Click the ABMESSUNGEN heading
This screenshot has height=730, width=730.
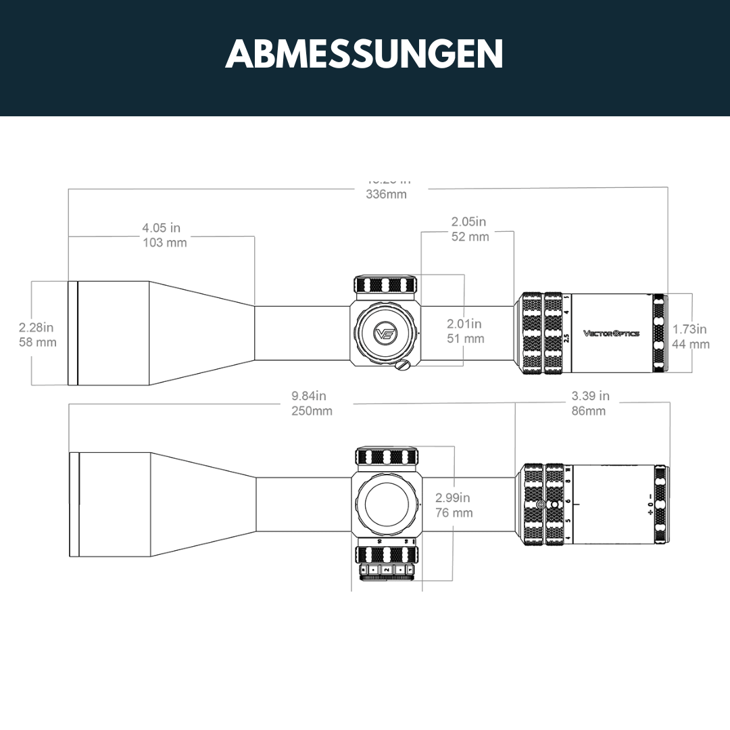(364, 54)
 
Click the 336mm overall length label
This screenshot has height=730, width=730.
(386, 195)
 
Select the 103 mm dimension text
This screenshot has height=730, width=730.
(164, 243)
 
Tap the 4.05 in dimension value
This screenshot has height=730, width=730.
(161, 228)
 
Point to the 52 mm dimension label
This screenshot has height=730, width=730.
(470, 237)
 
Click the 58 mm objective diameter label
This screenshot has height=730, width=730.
(38, 342)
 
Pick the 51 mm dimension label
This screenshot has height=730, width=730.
(465, 339)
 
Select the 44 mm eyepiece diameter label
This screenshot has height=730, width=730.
(691, 344)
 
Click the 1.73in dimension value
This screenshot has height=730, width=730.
(689, 329)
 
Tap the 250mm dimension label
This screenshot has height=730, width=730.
(312, 411)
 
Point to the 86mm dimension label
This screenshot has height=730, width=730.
(589, 411)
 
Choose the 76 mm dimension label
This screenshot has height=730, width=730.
(454, 513)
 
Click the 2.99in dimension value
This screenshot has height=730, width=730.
(453, 498)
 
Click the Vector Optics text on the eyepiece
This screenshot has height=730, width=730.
(611, 333)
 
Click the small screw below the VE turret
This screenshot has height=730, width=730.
(404, 366)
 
